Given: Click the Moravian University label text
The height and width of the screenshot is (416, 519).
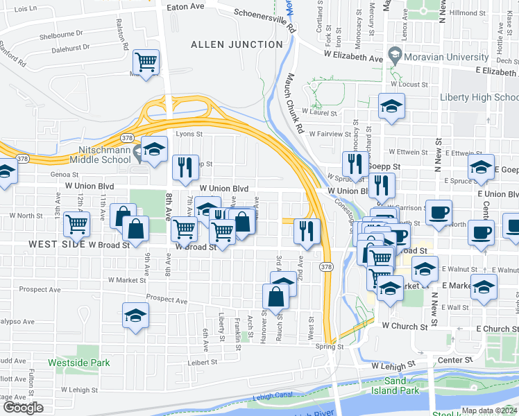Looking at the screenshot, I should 448,56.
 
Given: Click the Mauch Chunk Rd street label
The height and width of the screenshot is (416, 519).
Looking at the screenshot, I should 296,104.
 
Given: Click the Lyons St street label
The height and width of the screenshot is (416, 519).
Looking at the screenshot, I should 189,135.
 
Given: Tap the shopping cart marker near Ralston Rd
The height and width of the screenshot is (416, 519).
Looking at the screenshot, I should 146,62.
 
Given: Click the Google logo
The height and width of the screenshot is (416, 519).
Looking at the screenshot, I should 23,408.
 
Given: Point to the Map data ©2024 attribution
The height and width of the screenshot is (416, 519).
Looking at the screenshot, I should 490,410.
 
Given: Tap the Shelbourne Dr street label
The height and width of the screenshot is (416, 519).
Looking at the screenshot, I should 61,33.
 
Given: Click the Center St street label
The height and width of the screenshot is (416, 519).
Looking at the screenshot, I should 454,360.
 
